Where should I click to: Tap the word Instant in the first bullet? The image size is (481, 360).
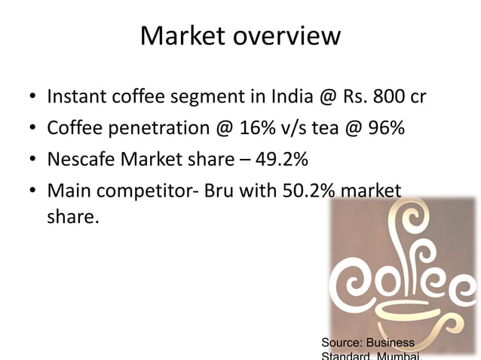[x=77, y=98]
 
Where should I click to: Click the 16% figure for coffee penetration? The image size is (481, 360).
[x=256, y=129]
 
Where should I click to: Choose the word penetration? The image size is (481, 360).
[x=155, y=129]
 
